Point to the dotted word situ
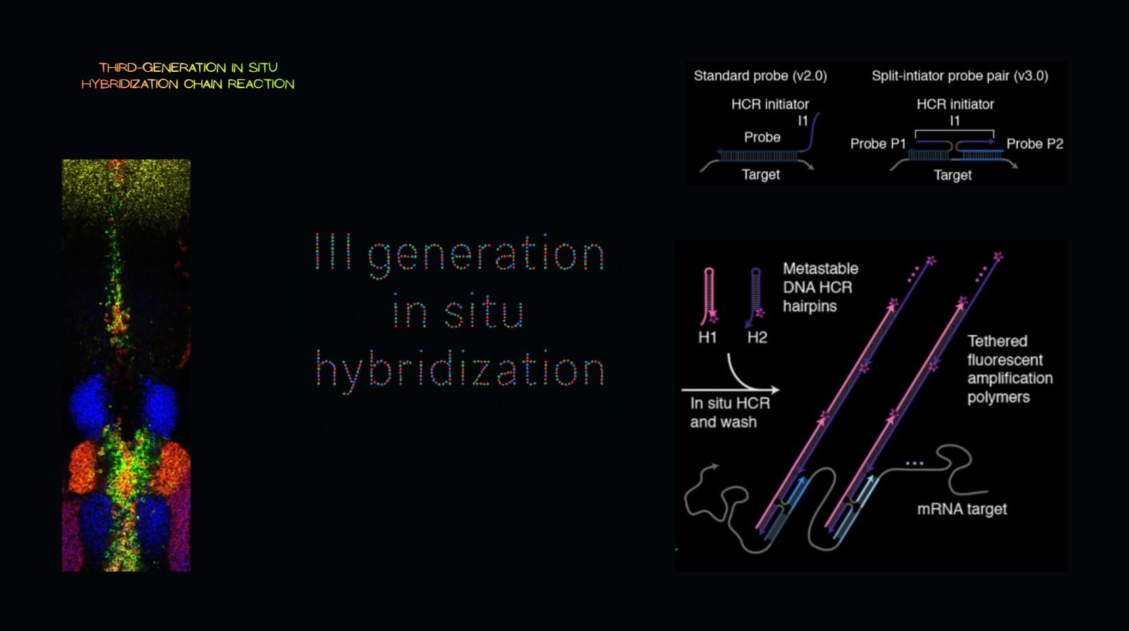click(485, 311)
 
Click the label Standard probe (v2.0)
click(760, 76)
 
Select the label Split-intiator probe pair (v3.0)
click(960, 76)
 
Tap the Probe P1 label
click(878, 144)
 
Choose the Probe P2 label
click(1035, 144)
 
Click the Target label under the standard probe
click(760, 174)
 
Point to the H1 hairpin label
click(707, 337)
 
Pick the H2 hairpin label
click(757, 337)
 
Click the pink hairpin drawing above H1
click(709, 296)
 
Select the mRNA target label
click(962, 509)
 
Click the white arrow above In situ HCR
click(731, 390)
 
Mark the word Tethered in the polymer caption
click(997, 341)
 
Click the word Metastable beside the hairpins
click(821, 268)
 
